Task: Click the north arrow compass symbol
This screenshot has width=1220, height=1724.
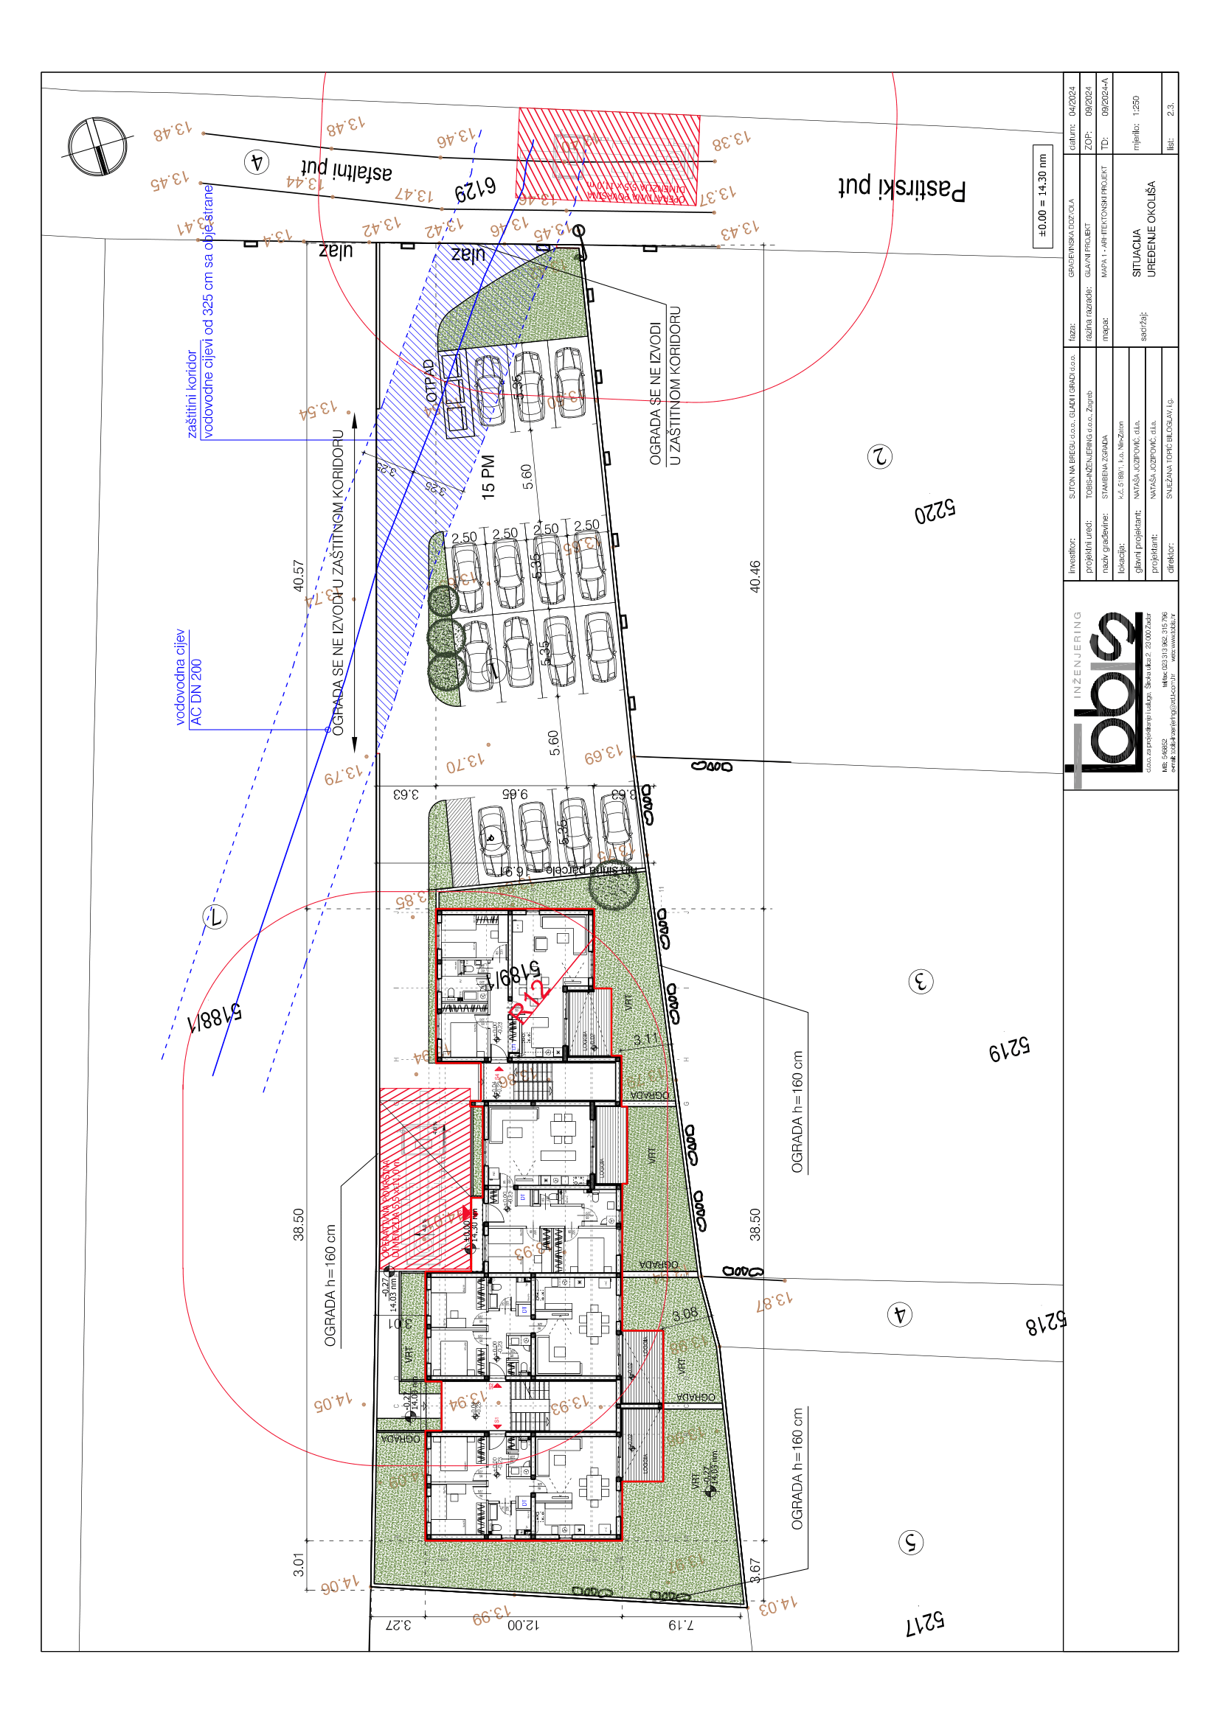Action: pyautogui.click(x=97, y=147)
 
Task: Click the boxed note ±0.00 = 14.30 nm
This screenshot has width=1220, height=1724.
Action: pyautogui.click(x=1042, y=196)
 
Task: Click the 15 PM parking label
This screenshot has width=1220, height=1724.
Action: pyautogui.click(x=488, y=477)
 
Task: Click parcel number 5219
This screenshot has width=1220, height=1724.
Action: pyautogui.click(x=1009, y=1050)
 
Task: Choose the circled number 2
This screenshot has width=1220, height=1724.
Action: pyautogui.click(x=879, y=456)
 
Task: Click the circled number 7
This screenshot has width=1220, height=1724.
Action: pyautogui.click(x=215, y=917)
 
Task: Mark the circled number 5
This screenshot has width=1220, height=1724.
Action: pyautogui.click(x=910, y=1542)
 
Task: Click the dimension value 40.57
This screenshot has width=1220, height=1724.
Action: pyautogui.click(x=299, y=575)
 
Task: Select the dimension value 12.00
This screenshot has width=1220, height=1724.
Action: pyautogui.click(x=523, y=1625)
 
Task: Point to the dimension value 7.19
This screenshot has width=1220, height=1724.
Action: pyautogui.click(x=682, y=1625)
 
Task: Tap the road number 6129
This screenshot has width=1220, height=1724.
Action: pyautogui.click(x=476, y=189)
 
